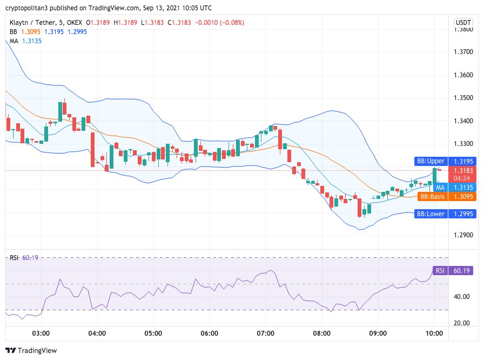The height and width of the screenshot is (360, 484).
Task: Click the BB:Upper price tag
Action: pos(430,161)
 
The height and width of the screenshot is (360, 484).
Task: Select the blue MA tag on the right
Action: pos(440,187)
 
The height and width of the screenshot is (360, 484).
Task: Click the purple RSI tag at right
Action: pos(440,271)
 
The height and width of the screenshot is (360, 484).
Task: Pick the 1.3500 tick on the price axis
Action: pos(463,98)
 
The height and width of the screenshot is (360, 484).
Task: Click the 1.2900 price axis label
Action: pos(463,235)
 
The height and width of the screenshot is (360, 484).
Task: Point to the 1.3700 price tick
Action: pos(463,52)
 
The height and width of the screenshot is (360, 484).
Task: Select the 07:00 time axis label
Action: pos(265,333)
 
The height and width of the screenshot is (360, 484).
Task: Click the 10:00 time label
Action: pos(434,333)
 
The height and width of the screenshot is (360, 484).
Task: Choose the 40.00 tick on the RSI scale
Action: pos(461,297)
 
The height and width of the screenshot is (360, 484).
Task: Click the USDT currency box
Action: pos(463,22)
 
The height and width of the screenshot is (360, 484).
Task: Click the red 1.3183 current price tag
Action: pos(463,170)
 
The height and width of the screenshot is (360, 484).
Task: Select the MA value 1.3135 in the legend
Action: pos(31,41)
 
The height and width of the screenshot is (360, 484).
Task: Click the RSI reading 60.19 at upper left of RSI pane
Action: pos(31,258)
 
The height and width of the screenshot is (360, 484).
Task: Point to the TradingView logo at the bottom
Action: pos(31,350)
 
